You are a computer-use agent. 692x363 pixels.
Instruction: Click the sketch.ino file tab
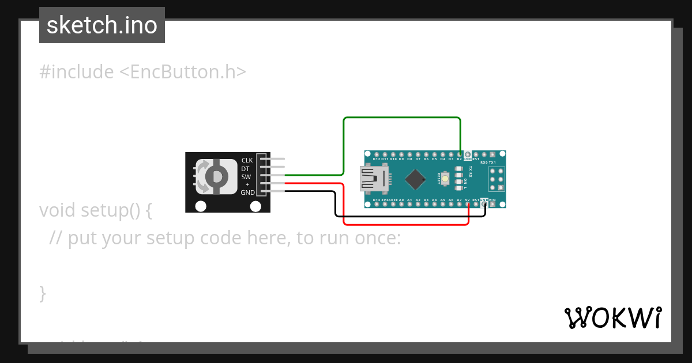click(x=102, y=25)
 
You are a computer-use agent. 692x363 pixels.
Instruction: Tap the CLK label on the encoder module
click(x=247, y=160)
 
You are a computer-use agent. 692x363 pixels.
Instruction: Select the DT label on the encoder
click(x=246, y=169)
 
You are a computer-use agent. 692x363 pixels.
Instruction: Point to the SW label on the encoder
click(x=246, y=177)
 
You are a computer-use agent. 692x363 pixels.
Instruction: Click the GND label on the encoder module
click(x=247, y=192)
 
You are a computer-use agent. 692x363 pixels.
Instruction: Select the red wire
click(x=404, y=225)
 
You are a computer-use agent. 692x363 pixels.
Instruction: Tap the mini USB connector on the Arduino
click(x=373, y=179)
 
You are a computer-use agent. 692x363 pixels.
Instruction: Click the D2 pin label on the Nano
click(x=459, y=159)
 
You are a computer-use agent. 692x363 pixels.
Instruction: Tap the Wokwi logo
click(x=612, y=317)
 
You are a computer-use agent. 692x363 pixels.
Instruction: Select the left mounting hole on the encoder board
click(x=201, y=206)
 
